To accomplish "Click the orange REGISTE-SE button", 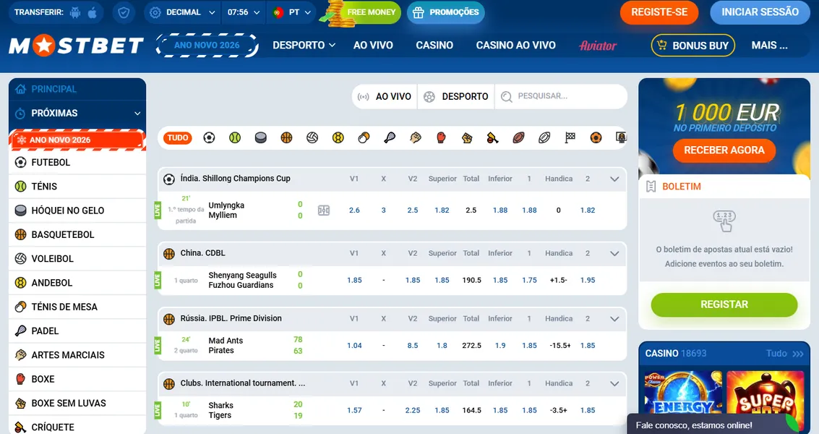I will coord(659,12).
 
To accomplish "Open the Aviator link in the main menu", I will coord(598,46).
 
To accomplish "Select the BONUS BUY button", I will coord(692,46).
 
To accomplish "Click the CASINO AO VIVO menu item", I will coord(515,45).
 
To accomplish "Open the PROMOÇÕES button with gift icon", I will coord(445,12).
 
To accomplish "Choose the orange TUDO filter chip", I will coord(178,137).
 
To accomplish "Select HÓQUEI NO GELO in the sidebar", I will coord(68,210).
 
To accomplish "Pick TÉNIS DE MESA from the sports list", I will coord(64,307).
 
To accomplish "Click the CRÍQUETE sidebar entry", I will coord(53,427).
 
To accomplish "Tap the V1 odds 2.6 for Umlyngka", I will coord(354,210).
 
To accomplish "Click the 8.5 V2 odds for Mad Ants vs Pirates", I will coord(413,346).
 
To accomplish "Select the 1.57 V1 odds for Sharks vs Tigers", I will coord(354,410).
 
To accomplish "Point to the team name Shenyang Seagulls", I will coord(242,276).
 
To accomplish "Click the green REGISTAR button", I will coord(724,305).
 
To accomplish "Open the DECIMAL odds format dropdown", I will coord(183,12).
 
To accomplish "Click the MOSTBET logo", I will coord(77,46).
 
